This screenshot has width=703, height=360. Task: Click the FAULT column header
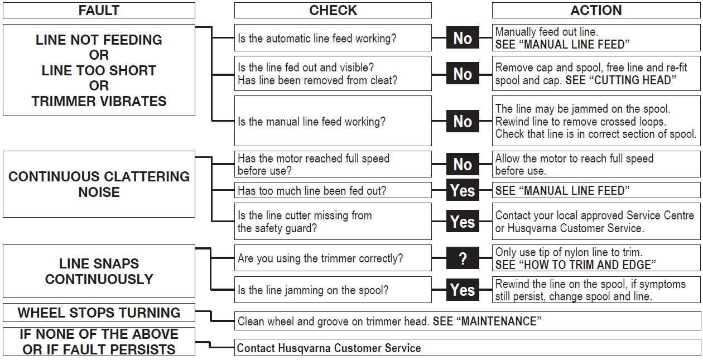coord(99,11)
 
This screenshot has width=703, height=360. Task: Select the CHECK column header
coord(333,11)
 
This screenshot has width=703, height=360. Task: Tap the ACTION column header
coord(596,11)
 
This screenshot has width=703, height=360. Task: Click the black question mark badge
coord(463,258)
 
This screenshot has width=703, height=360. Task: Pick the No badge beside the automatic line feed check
coord(463,37)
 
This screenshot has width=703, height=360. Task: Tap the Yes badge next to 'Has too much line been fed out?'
coord(463,190)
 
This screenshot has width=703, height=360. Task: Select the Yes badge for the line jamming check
coord(463,289)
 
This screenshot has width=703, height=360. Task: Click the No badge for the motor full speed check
coord(463,164)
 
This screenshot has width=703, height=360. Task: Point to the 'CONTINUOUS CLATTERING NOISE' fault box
coord(99,184)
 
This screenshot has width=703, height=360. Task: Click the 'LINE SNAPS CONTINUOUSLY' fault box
coord(99,271)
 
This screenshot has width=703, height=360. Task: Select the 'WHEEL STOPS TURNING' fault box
coord(99,313)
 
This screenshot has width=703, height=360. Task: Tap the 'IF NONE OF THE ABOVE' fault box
coord(99,342)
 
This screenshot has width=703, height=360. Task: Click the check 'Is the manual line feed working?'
coord(333,121)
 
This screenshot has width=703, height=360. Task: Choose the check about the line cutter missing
coord(333,221)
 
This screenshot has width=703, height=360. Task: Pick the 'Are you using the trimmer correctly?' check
coord(333,258)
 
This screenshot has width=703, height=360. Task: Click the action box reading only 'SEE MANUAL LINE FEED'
coord(596,190)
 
